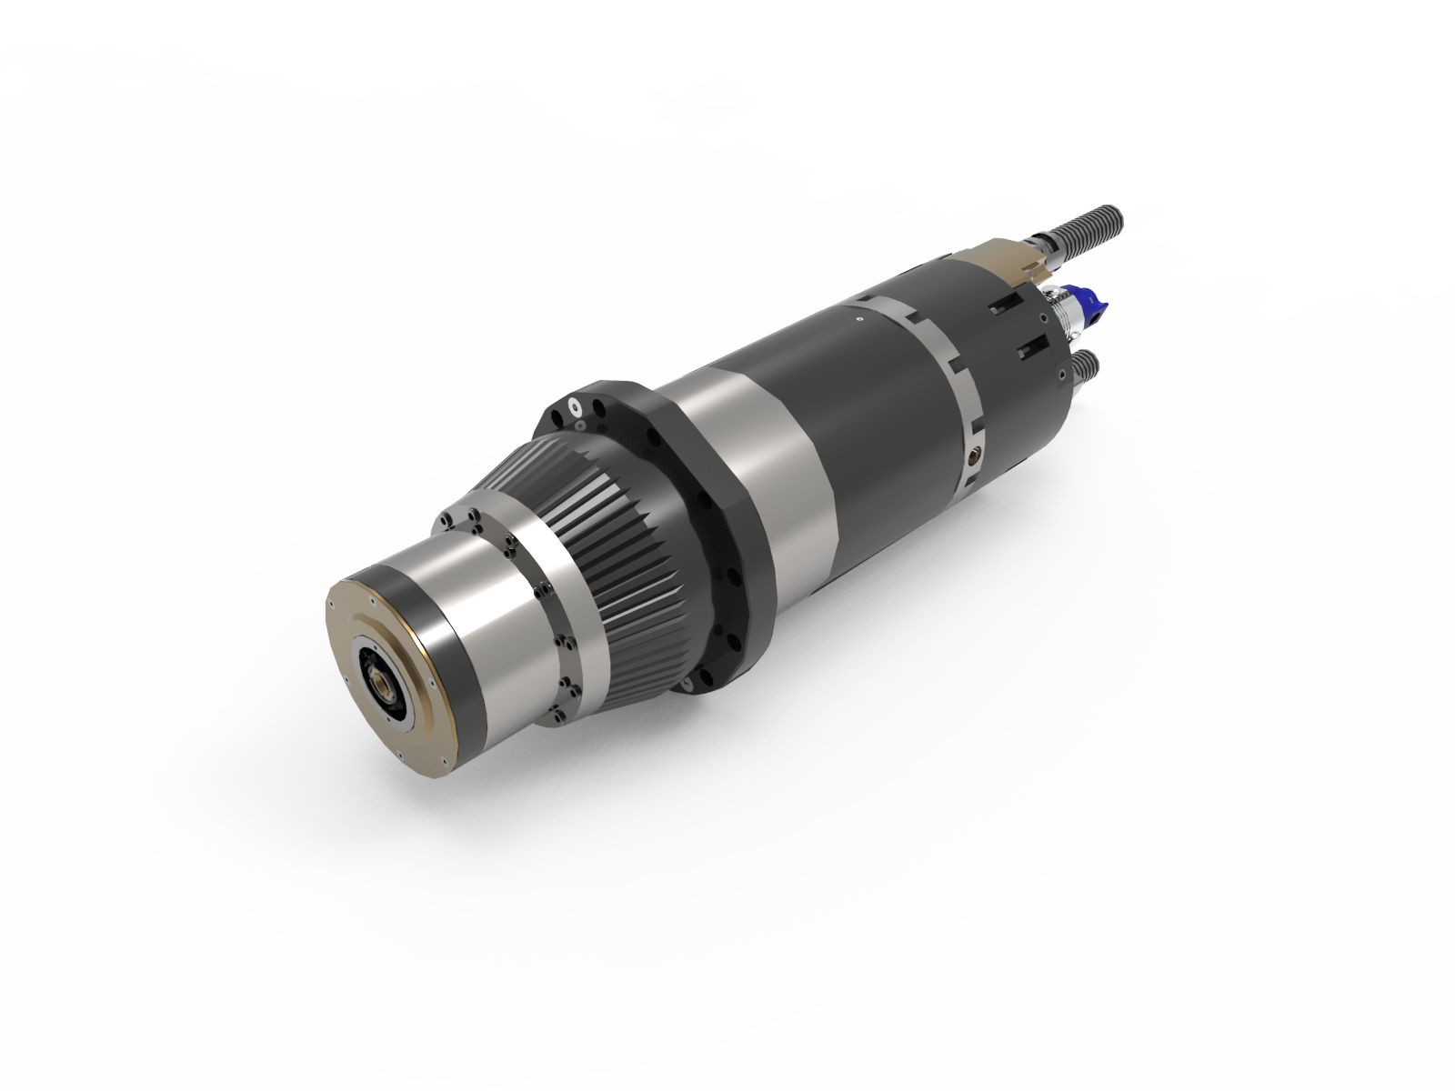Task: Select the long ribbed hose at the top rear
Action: (x=1081, y=228)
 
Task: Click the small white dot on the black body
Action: (x=858, y=319)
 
